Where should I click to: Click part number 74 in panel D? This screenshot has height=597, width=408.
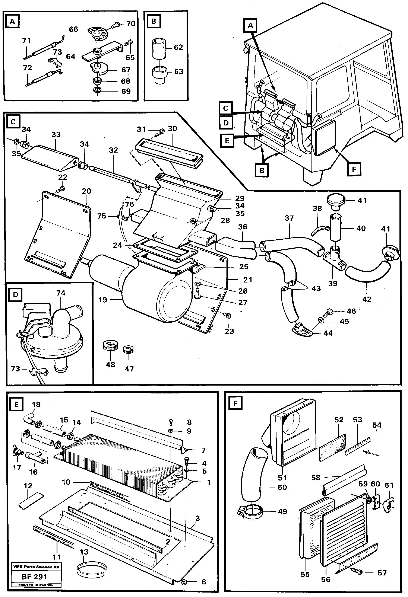coord(61,293)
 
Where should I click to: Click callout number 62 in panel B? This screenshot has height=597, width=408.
coord(178,47)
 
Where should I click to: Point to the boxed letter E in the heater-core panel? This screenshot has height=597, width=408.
coord(16,405)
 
